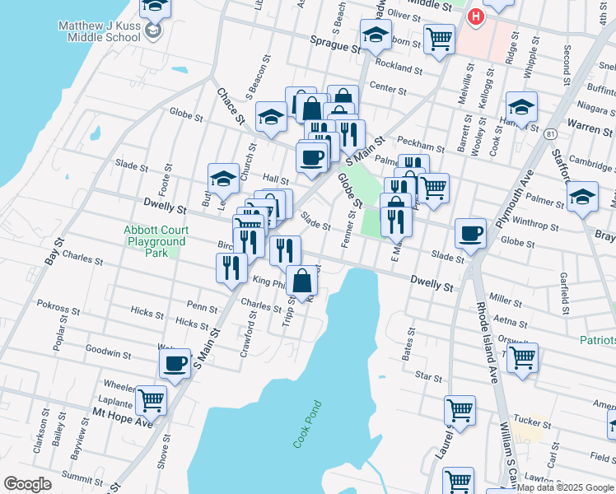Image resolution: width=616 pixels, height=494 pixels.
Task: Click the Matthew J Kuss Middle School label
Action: (99, 31)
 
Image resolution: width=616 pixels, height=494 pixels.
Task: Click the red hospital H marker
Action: (475, 16)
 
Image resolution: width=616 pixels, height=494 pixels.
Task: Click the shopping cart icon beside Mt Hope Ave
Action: (151, 400)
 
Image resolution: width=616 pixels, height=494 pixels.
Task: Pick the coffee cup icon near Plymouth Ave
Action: (469, 233)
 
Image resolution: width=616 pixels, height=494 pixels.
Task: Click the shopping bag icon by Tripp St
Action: (303, 280)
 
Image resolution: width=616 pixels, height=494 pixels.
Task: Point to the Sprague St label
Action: (336, 44)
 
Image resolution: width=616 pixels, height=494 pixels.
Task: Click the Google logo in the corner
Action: (27, 483)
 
